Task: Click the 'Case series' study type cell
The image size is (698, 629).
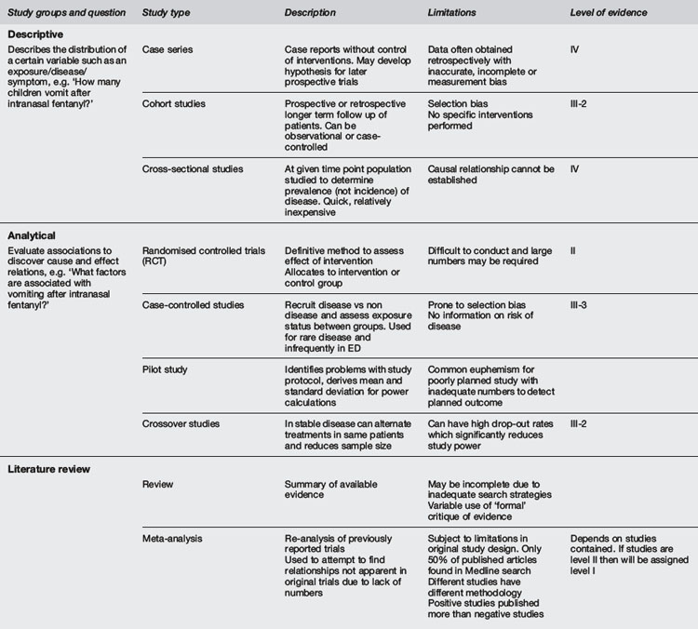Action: pyautogui.click(x=168, y=47)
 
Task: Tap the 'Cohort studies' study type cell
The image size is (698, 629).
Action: pyautogui.click(x=174, y=103)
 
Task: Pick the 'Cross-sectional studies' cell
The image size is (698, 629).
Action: pyautogui.click(x=194, y=168)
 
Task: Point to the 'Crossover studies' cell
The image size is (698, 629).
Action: pyautogui.click(x=181, y=423)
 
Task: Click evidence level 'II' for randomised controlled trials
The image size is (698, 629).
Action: pyautogui.click(x=573, y=251)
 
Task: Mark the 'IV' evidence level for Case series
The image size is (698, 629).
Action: pyautogui.click(x=575, y=47)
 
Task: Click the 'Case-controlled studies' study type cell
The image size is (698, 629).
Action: pyautogui.click(x=194, y=306)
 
